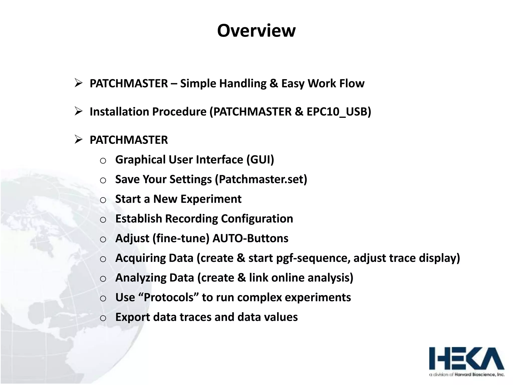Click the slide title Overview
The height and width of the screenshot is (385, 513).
(x=256, y=31)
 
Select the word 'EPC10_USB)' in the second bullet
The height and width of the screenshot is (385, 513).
(x=339, y=112)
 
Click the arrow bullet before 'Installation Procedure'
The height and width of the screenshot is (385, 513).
(x=78, y=111)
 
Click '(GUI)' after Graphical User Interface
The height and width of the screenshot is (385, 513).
(x=260, y=160)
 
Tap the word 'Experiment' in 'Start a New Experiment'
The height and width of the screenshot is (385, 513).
(x=211, y=199)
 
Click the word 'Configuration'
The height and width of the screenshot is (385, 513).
(x=257, y=219)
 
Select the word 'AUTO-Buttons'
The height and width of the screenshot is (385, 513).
(x=250, y=238)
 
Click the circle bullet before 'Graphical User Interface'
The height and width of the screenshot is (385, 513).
(x=103, y=161)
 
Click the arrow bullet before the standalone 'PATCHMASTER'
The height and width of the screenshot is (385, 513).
(x=78, y=139)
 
